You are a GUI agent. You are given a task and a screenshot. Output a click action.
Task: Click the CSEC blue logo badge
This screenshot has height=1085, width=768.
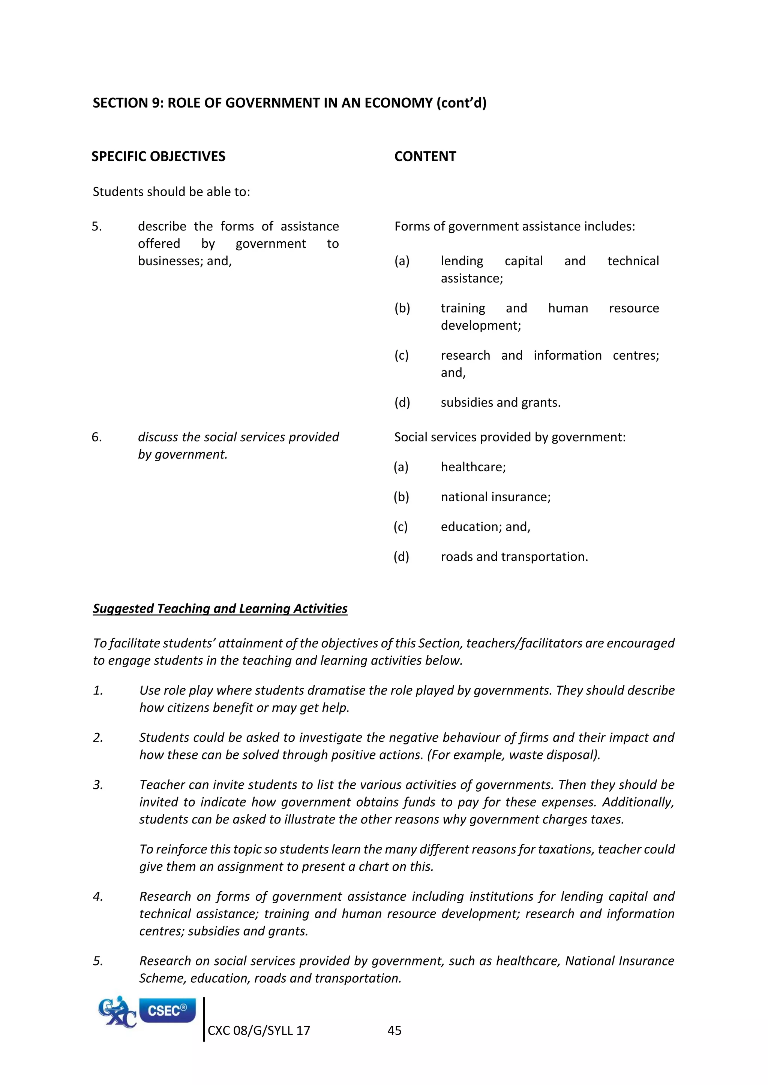tap(167, 1010)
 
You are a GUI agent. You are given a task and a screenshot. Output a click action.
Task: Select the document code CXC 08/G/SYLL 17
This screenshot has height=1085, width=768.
tap(259, 1030)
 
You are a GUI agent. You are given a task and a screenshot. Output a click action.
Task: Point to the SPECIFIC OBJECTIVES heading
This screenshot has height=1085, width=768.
tap(158, 156)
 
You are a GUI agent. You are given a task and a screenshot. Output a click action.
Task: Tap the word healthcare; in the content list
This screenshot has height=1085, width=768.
tap(473, 467)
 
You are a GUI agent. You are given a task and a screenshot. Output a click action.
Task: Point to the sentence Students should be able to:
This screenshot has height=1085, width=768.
tap(171, 191)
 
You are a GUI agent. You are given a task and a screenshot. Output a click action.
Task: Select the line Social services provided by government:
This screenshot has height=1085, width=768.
tap(509, 437)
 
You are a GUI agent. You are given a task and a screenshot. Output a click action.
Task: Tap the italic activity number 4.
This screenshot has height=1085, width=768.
tap(98, 897)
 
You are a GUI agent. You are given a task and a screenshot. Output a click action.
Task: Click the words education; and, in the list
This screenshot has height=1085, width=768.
tap(485, 526)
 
